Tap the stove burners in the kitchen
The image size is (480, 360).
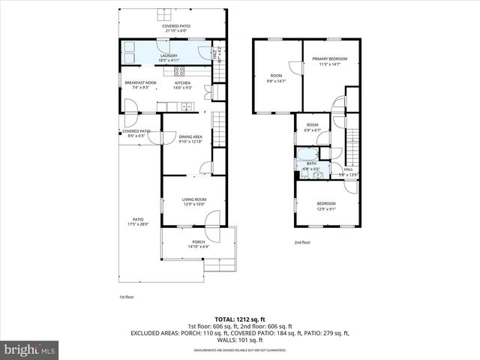coord(180,72)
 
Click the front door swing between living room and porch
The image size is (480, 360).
coord(211,219)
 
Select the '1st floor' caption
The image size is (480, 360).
coord(126,298)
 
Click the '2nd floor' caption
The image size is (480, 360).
coord(302,242)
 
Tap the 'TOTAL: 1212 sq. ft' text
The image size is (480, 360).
coord(240,319)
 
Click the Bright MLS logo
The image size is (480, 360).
coord(30,349)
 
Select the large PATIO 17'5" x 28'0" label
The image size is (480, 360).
coord(138,221)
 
